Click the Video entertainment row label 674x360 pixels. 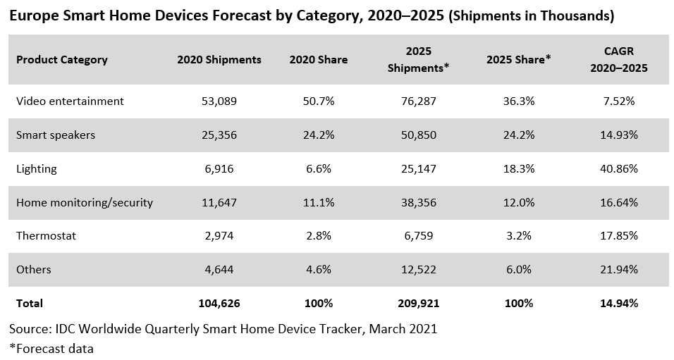click(x=70, y=101)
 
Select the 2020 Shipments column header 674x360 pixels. click(x=219, y=60)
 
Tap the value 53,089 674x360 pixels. click(x=219, y=101)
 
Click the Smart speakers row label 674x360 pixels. click(x=56, y=135)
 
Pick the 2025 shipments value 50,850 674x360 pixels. click(x=418, y=135)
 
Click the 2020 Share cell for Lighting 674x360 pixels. click(x=318, y=169)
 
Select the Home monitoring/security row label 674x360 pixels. click(x=85, y=203)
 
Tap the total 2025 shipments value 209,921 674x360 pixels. click(x=418, y=304)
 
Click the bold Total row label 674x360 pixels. click(x=30, y=304)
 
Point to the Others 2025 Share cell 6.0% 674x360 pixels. click(x=518, y=270)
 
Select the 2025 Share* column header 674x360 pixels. click(x=518, y=60)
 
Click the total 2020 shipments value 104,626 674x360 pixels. click(x=219, y=304)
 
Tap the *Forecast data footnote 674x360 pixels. click(x=51, y=348)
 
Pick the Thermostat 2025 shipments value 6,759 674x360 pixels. click(x=418, y=236)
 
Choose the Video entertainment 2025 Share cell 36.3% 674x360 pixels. click(x=518, y=101)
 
